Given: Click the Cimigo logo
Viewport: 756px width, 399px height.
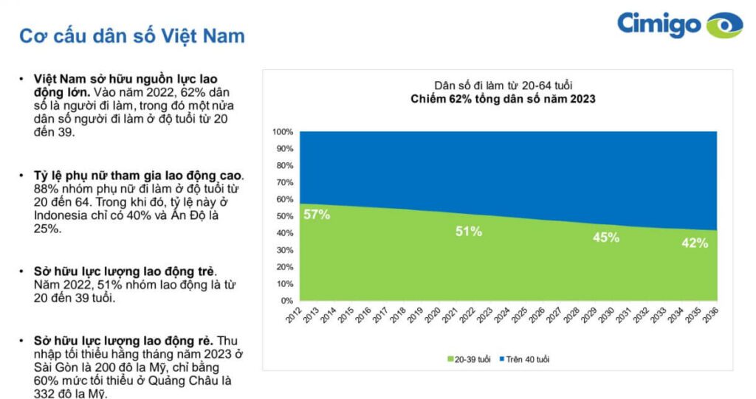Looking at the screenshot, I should click(x=679, y=24).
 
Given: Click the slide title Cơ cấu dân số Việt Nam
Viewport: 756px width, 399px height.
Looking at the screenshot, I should click(x=131, y=36).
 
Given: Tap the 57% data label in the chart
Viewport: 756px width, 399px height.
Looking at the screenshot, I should click(x=317, y=215).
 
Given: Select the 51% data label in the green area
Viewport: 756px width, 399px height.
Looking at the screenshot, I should click(x=468, y=232).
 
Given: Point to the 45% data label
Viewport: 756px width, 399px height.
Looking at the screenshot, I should click(x=606, y=237).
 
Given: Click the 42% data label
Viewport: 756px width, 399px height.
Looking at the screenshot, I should click(x=694, y=243).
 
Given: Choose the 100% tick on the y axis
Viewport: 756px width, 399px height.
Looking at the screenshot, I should click(x=283, y=132).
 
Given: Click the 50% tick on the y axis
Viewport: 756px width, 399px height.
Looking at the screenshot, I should click(x=285, y=216).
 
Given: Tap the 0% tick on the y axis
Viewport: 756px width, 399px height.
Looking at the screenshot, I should click(x=287, y=301).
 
